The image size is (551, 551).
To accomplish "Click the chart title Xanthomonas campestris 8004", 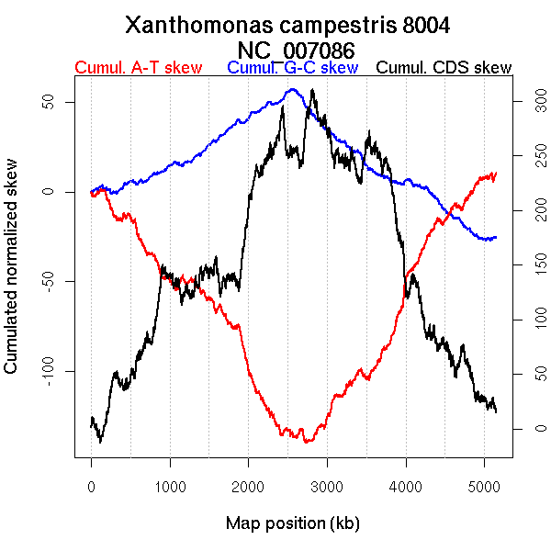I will pyautogui.click(x=287, y=25).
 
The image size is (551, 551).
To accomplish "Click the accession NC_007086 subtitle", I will pyautogui.click(x=287, y=49).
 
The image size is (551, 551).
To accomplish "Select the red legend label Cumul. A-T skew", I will pyautogui.click(x=138, y=68).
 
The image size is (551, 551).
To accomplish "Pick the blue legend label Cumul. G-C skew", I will pyautogui.click(x=292, y=68).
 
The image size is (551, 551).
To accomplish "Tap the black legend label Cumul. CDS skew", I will pyautogui.click(x=444, y=68).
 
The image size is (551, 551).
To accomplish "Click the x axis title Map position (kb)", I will pyautogui.click(x=292, y=523).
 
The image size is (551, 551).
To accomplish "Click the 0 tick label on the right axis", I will pyautogui.click(x=528, y=429).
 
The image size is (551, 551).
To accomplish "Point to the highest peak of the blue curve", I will pyautogui.click(x=293, y=89).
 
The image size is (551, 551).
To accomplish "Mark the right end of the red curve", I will pyautogui.click(x=496, y=173).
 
